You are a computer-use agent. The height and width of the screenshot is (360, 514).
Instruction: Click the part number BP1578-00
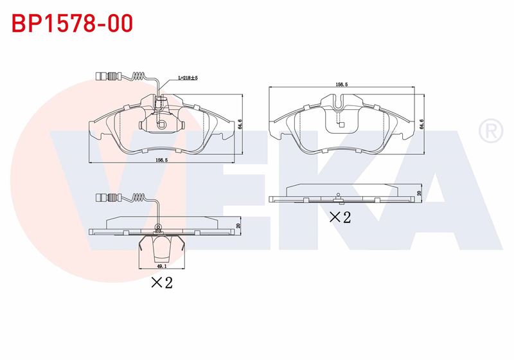pos(72,23)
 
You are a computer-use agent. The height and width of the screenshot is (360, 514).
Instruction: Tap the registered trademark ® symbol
pos(491,130)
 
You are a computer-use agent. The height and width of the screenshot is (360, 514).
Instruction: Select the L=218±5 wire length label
pos(188,78)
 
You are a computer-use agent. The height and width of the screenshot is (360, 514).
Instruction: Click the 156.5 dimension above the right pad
pos(342,84)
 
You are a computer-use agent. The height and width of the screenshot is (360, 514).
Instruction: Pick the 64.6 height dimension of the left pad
pos(240,124)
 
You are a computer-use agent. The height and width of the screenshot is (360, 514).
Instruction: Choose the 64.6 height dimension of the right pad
pos(422,125)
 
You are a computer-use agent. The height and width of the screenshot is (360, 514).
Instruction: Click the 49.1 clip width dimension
pos(162,267)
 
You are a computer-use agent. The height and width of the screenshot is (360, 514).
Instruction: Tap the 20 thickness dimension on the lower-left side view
pos(238,226)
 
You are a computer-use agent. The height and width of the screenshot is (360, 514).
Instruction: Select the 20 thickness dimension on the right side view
pos(419,193)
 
